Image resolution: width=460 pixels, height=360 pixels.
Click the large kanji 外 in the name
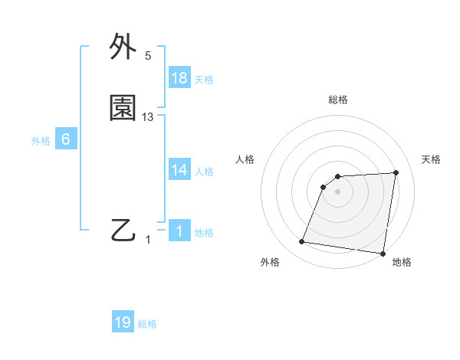tap(123, 48)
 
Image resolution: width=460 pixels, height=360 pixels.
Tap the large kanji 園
tap(123, 110)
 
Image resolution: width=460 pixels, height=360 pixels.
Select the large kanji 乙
tap(123, 230)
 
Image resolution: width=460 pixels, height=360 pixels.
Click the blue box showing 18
tap(179, 78)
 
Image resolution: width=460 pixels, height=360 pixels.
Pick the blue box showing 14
tap(179, 170)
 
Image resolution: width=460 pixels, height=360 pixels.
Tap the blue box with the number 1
tap(179, 231)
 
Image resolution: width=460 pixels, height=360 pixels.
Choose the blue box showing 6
tap(66, 139)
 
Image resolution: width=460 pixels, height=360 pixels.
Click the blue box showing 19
tap(123, 322)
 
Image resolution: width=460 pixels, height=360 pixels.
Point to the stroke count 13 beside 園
tap(148, 117)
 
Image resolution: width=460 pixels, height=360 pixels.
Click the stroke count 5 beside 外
tap(148, 56)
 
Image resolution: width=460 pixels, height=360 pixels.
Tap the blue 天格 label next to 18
tap(204, 80)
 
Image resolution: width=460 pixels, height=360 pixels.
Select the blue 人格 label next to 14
tap(204, 172)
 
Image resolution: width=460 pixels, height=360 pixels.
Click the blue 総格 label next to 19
tap(147, 324)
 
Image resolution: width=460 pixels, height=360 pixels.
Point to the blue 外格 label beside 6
tap(41, 141)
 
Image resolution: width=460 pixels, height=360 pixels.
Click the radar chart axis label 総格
tap(338, 100)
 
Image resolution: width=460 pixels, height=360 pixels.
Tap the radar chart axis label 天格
tap(432, 159)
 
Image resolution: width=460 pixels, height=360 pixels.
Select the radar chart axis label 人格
tap(245, 159)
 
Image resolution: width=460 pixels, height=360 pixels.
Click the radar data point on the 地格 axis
tap(383, 254)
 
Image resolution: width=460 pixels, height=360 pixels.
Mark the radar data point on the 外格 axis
tap(302, 242)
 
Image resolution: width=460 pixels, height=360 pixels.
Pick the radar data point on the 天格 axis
tap(396, 173)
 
